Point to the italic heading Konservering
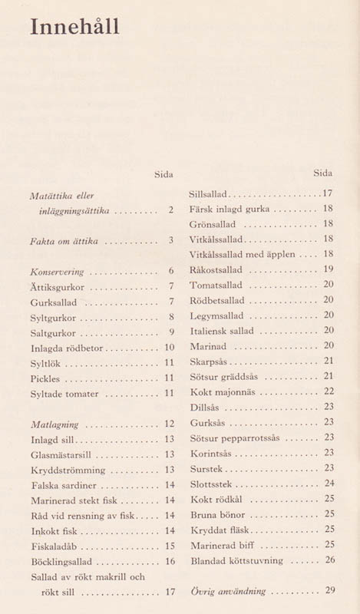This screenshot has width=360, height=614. pyautogui.click(x=55, y=272)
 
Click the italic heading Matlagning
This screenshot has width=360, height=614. pyautogui.click(x=54, y=424)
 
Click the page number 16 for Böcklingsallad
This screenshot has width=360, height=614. pyautogui.click(x=170, y=562)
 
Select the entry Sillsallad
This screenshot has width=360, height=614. pyautogui.click(x=208, y=194)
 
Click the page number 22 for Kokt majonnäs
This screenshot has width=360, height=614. pyautogui.click(x=329, y=391)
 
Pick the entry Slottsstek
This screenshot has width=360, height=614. pyautogui.click(x=210, y=484)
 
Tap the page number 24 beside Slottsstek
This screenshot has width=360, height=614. pyautogui.click(x=329, y=484)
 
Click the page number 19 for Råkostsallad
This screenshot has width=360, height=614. pyautogui.click(x=329, y=269)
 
